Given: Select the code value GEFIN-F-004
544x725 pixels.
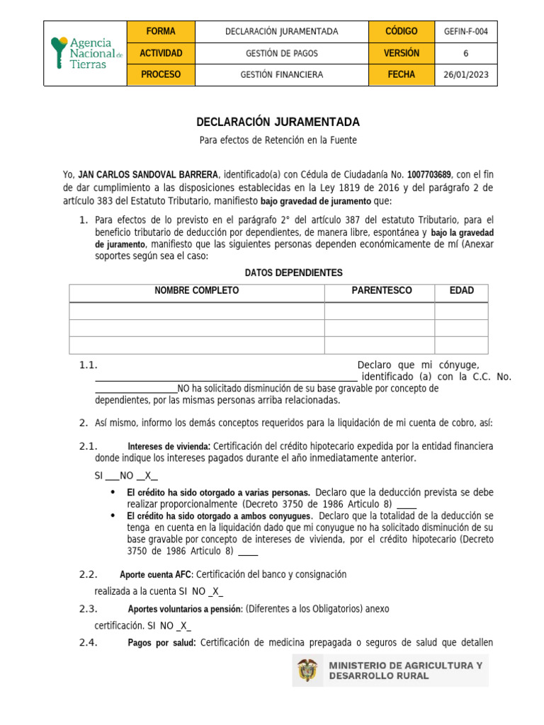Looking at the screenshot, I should pyautogui.click(x=465, y=32).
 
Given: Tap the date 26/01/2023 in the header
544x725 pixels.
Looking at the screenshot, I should pyautogui.click(x=465, y=74).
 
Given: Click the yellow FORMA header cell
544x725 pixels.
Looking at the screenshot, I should pyautogui.click(x=161, y=32).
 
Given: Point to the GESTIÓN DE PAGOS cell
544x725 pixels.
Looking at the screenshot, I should pyautogui.click(x=282, y=53).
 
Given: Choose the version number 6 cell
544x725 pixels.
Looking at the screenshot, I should pyautogui.click(x=465, y=53).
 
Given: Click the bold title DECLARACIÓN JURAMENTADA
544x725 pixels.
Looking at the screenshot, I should pyautogui.click(x=278, y=122).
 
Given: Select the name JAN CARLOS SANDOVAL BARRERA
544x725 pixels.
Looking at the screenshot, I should pyautogui.click(x=149, y=174).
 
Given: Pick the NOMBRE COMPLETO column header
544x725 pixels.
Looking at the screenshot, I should pyautogui.click(x=197, y=291).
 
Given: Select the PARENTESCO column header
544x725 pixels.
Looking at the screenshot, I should pyautogui.click(x=381, y=291).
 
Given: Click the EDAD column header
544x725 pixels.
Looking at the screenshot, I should pyautogui.click(x=462, y=291).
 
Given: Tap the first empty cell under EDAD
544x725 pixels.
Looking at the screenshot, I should pyautogui.click(x=461, y=311).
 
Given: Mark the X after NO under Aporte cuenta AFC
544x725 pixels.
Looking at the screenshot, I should pyautogui.click(x=217, y=591).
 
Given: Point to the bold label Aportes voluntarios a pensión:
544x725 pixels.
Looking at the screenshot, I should pyautogui.click(x=185, y=610).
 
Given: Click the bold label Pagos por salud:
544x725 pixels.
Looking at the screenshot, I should pyautogui.click(x=161, y=643).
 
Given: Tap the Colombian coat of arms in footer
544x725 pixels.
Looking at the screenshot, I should pyautogui.click(x=308, y=670).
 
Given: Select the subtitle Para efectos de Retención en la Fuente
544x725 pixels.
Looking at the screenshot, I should pyautogui.click(x=278, y=140).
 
